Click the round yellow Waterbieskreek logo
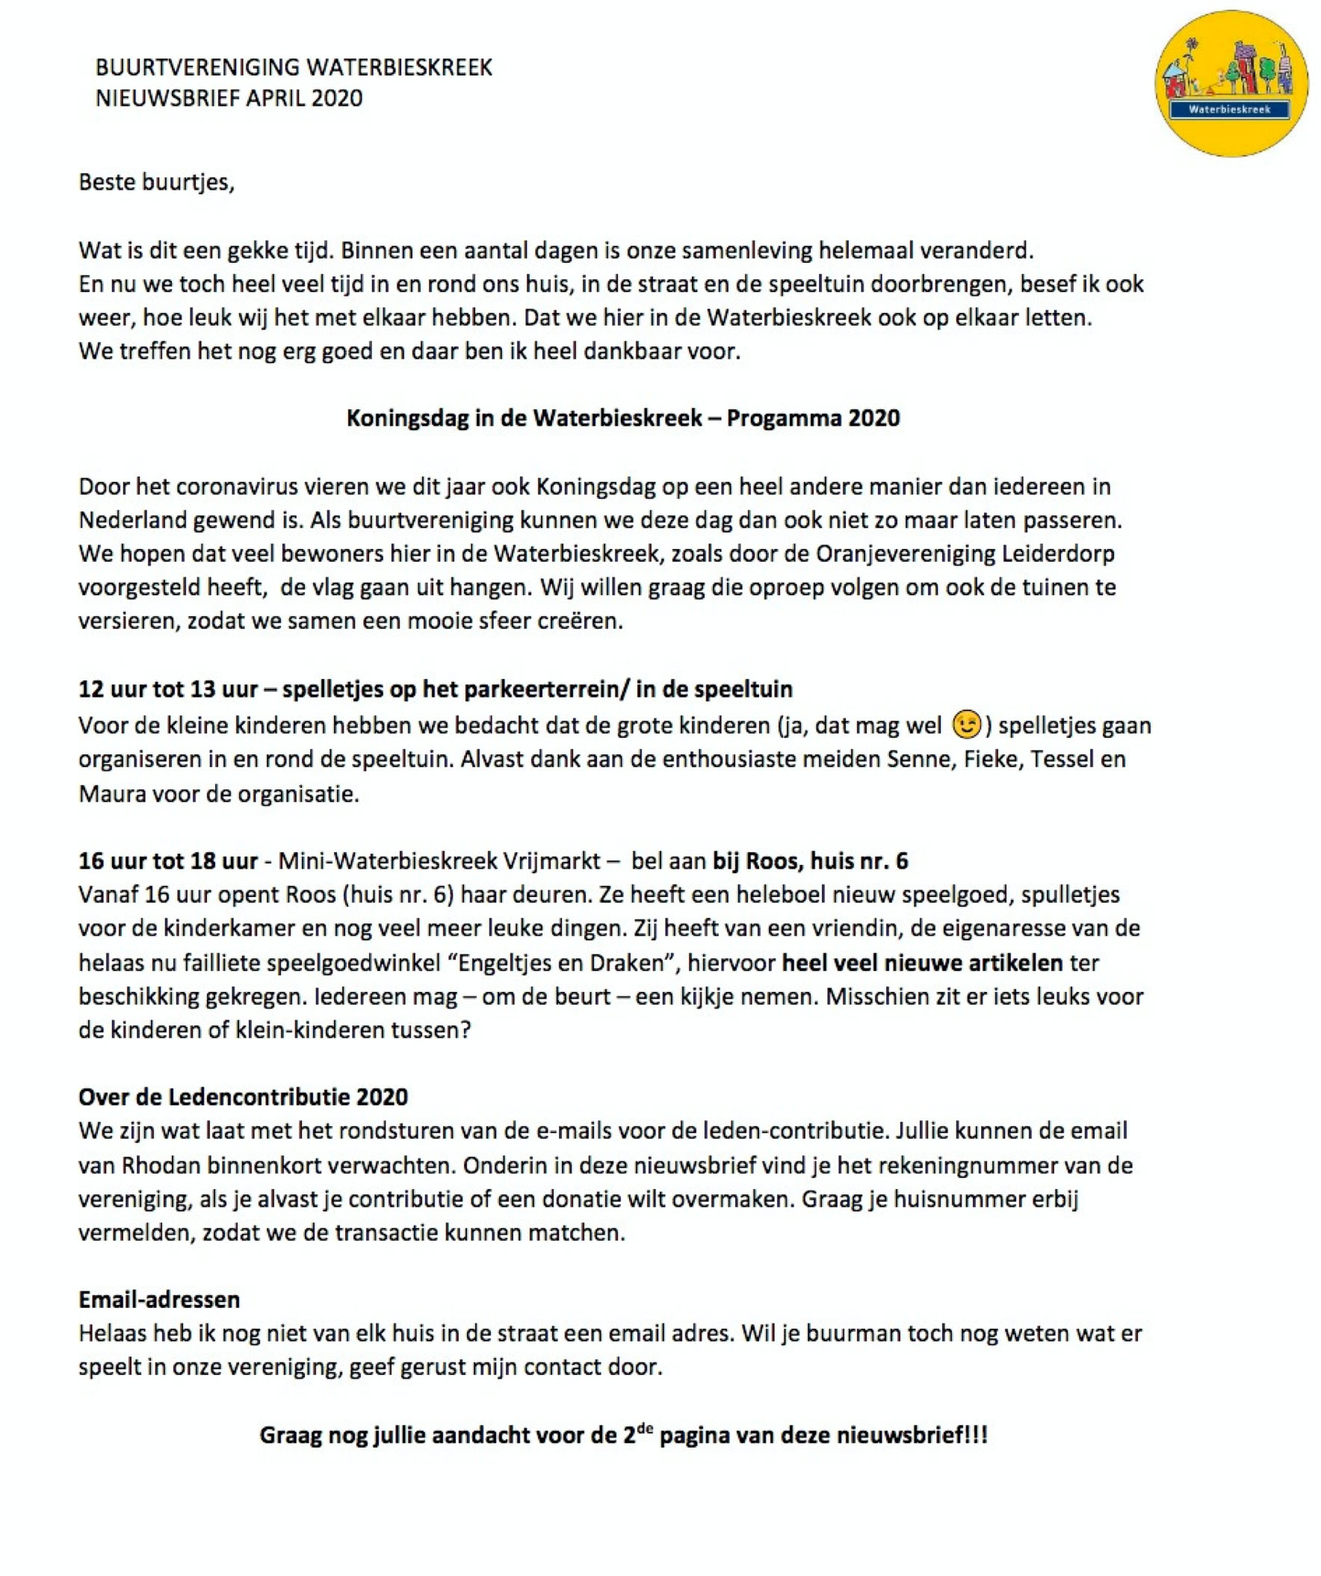[x=1231, y=84]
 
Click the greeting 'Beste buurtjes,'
[x=156, y=182]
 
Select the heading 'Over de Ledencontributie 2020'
[x=243, y=1096]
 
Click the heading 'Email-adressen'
[x=159, y=1299]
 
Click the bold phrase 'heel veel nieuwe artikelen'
[x=922, y=962]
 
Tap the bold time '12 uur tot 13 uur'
[x=168, y=689]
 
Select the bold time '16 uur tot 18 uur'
[x=168, y=860]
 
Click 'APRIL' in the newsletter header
[x=272, y=99]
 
